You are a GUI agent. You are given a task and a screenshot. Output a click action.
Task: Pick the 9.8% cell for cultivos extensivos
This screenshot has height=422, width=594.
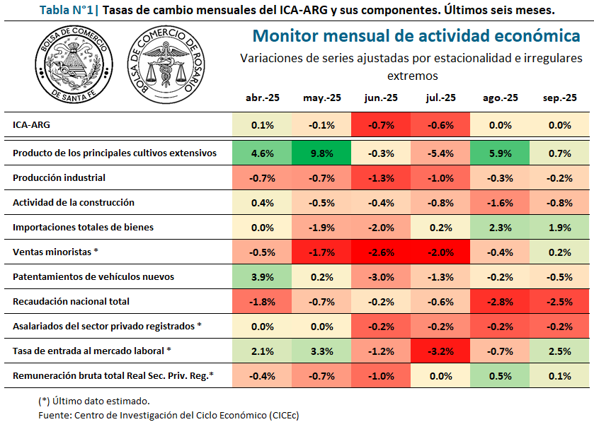point(321,153)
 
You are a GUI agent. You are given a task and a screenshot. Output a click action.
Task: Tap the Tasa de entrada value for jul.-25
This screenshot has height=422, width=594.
point(440,351)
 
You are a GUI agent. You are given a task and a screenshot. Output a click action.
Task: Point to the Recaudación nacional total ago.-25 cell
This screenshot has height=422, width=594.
point(500,301)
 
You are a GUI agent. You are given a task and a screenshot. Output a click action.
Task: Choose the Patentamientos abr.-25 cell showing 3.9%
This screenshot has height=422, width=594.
point(262,276)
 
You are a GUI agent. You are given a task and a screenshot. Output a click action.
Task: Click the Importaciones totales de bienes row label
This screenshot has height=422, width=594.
point(83,227)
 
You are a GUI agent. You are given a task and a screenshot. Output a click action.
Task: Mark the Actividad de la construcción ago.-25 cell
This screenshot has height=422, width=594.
point(500,202)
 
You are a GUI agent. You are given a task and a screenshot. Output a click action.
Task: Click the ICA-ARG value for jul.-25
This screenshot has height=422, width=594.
point(440,124)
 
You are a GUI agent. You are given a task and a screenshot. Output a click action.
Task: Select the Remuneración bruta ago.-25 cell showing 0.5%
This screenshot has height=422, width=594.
point(500,375)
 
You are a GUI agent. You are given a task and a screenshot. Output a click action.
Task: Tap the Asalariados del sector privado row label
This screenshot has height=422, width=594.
point(107,326)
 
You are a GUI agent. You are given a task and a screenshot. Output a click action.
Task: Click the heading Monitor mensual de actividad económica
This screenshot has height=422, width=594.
point(416,36)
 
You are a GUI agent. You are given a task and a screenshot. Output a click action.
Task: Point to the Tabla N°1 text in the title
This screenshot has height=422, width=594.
point(69,10)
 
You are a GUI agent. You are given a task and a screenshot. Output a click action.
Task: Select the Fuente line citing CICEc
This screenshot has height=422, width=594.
point(169,415)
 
